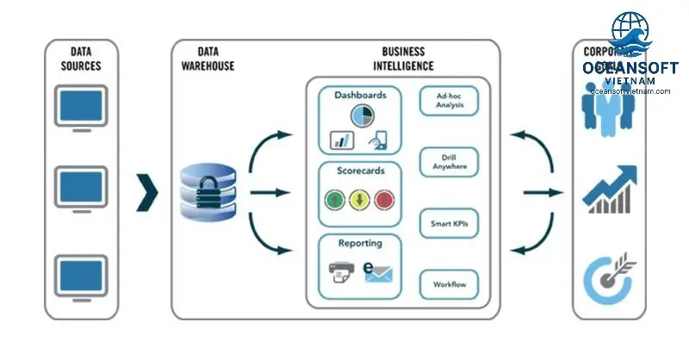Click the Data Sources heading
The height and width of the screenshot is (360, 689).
[x=82, y=59]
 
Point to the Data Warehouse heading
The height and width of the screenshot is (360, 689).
[x=209, y=59]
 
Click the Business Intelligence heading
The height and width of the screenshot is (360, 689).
[x=404, y=59]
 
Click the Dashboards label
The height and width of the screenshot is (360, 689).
[x=361, y=95]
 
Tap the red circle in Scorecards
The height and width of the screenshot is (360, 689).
[x=384, y=201]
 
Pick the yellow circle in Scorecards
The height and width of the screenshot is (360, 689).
[x=361, y=201]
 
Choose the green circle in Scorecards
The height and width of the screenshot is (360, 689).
[x=337, y=201]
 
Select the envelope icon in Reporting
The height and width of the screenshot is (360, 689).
[x=377, y=274]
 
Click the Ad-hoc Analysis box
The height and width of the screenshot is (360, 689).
[x=449, y=101]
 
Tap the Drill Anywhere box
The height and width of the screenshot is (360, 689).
[x=449, y=162]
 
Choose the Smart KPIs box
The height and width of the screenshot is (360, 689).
[x=449, y=224]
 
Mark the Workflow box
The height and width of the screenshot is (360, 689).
[x=449, y=284]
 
